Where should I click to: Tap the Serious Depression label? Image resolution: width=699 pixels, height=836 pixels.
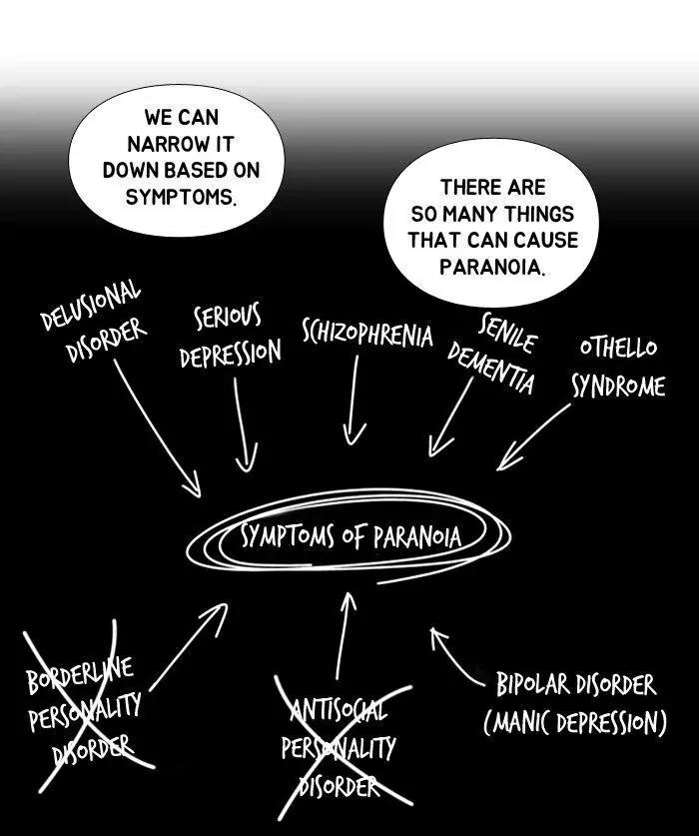click(230, 337)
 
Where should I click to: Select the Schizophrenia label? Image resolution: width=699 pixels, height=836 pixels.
click(367, 333)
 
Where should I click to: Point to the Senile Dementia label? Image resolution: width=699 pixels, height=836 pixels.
click(493, 354)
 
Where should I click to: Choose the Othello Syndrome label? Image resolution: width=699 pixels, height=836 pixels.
click(618, 367)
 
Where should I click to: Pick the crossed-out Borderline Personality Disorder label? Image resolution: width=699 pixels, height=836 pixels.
click(83, 707)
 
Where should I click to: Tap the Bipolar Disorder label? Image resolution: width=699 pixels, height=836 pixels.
click(576, 685)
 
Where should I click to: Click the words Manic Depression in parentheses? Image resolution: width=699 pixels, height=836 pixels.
click(575, 722)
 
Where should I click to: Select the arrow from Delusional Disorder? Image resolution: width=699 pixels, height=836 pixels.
click(158, 427)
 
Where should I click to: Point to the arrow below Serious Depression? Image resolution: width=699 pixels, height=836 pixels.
click(242, 424)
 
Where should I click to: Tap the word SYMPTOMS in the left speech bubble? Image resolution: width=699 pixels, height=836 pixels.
click(181, 196)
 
